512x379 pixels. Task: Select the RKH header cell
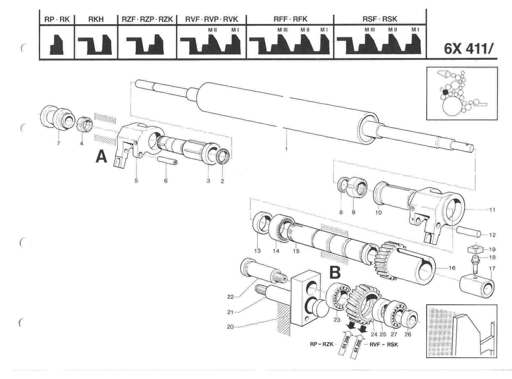pos(96,19)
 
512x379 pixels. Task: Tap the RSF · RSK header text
pos(380,19)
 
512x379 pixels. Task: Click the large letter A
pos(101,156)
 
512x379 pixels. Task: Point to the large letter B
pos(335,273)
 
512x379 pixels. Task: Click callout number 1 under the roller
pos(286,149)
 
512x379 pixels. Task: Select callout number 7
pos(58,143)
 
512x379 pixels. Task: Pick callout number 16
pos(452,268)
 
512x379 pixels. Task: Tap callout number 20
pos(230,327)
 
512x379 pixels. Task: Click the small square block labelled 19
pos(476,249)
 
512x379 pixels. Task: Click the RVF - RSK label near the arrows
pos(384,345)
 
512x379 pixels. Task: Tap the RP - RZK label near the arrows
pos(321,345)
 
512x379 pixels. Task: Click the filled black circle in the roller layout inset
pos(445,92)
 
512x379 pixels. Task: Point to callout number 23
pos(337,320)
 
